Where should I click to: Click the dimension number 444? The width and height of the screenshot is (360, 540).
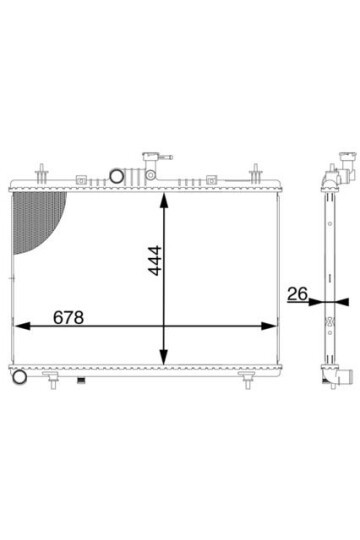pos(154,260)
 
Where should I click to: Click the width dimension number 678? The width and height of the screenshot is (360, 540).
pos(69,317)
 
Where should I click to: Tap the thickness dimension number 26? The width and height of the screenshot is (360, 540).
pos(297,294)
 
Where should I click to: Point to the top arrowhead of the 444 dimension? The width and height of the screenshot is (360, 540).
pos(164,200)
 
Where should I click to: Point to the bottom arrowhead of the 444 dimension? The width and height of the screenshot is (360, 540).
pos(164,357)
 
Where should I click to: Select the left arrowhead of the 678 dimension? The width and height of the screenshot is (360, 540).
pos(22,326)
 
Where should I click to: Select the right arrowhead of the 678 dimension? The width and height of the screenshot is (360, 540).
pos(269,326)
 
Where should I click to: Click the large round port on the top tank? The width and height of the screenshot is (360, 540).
pos(116,176)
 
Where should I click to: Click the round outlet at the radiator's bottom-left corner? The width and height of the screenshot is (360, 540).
pos(19,377)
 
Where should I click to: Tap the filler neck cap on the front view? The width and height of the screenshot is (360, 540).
pos(151,157)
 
